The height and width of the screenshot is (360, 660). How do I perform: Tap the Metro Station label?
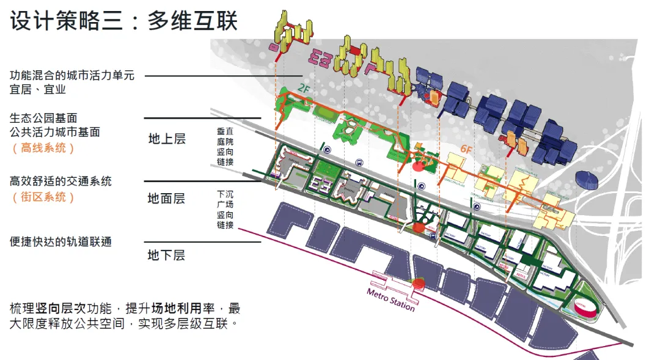(x=391, y=299)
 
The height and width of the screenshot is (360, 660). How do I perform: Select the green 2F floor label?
(x=304, y=89)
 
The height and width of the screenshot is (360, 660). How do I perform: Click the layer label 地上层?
(x=166, y=139)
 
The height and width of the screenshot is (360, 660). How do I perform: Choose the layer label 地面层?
(x=166, y=199)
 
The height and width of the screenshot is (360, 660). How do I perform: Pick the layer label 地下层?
(x=166, y=255)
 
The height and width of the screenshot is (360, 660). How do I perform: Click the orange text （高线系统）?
(x=43, y=148)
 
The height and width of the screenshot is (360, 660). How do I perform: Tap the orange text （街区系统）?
(x=43, y=197)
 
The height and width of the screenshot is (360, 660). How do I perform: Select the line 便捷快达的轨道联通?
(x=61, y=242)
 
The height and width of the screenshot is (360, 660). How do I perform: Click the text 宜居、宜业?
(x=38, y=90)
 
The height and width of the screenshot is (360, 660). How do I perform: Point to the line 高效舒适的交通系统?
(x=61, y=182)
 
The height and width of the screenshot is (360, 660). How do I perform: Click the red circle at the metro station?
(x=419, y=283)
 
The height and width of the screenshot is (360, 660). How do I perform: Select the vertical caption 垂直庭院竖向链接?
(x=225, y=147)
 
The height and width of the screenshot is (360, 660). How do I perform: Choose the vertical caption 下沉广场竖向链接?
(x=225, y=209)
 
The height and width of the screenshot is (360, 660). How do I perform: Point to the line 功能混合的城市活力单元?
(x=72, y=76)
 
